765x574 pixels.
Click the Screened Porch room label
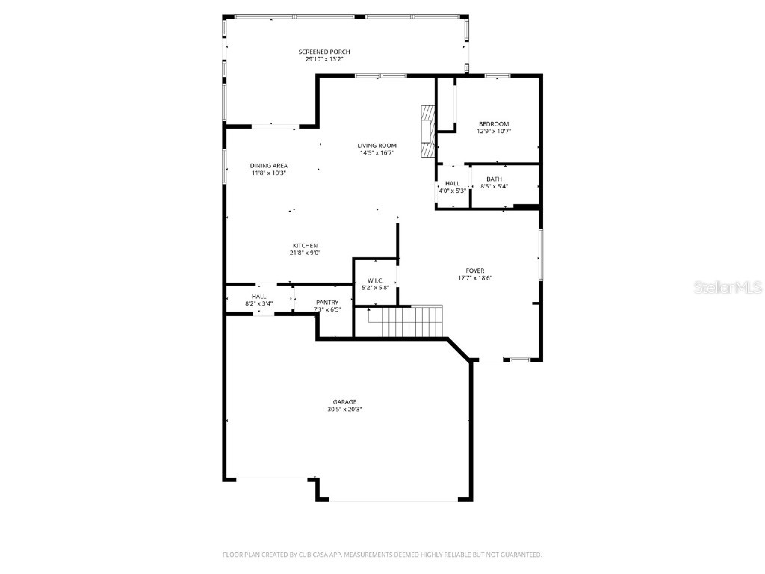324,52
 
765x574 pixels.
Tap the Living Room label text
377,146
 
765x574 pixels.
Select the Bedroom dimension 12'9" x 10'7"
494,131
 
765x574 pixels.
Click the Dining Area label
268,166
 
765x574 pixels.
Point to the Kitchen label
305,246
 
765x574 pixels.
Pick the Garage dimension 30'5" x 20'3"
344,410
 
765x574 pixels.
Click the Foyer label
474,271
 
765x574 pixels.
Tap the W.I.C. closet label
375,280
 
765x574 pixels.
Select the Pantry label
327,302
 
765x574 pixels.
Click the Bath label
494,179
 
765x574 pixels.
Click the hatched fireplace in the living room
427,131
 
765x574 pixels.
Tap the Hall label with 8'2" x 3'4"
258,297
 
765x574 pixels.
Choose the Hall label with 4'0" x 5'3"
453,183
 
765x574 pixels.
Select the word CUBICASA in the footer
322,555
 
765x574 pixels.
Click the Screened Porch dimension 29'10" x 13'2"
324,59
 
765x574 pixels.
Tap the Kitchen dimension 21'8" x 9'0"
305,253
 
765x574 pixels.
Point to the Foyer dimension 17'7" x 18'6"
474,277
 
